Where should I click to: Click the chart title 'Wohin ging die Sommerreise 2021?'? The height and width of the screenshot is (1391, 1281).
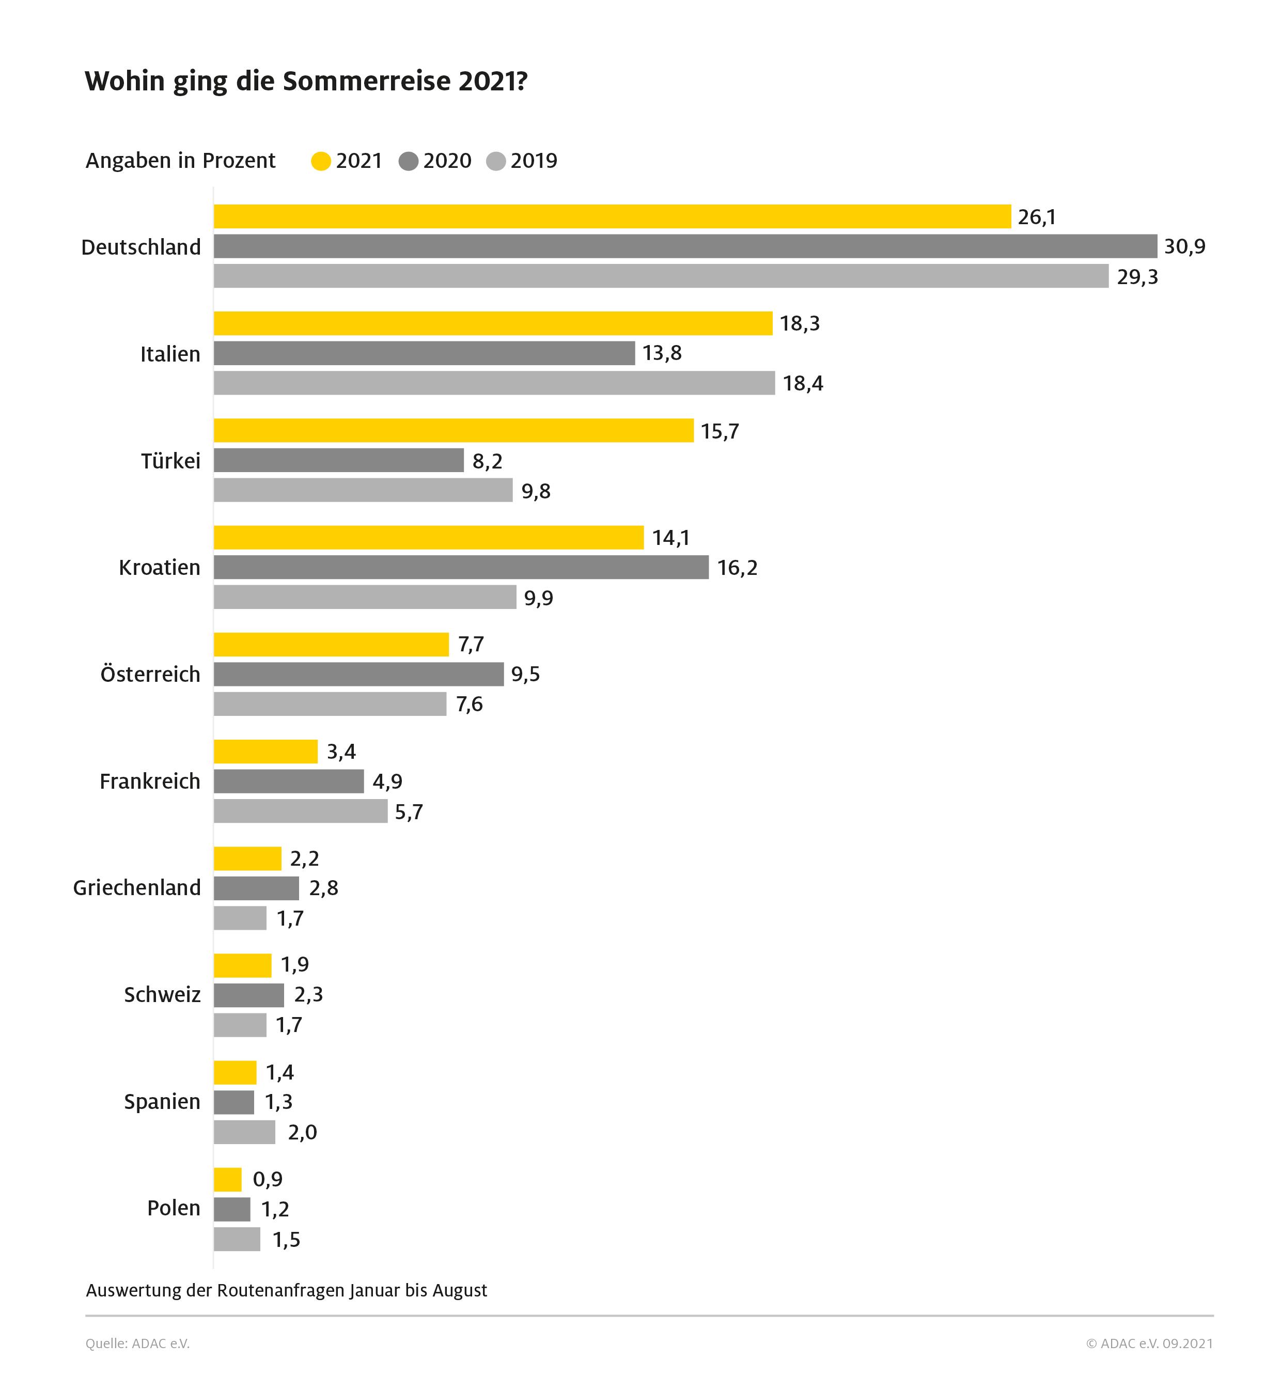click(x=306, y=82)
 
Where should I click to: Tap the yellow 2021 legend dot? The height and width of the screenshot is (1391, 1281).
click(x=321, y=162)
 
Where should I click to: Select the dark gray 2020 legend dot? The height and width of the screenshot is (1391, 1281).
click(x=408, y=162)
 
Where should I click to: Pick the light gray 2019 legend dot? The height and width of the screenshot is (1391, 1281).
click(x=496, y=162)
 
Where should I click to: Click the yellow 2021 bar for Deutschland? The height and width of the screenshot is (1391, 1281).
click(x=612, y=216)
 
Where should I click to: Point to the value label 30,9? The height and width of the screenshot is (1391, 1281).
click(x=1184, y=247)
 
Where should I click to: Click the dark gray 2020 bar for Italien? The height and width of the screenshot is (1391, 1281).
click(x=424, y=353)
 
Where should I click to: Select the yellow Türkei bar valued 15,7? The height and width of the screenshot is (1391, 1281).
click(x=454, y=430)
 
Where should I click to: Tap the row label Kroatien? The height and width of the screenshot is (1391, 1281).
click(x=160, y=568)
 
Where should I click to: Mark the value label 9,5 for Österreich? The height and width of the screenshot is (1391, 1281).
click(x=525, y=675)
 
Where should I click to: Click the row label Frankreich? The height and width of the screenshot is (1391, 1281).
click(x=150, y=782)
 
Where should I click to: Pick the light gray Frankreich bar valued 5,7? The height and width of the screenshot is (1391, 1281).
click(x=300, y=811)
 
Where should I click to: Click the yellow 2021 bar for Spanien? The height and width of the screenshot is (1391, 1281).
click(x=235, y=1072)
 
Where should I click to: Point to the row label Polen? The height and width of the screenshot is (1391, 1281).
click(x=173, y=1209)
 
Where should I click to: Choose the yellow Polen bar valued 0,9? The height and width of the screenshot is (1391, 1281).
click(x=227, y=1179)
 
